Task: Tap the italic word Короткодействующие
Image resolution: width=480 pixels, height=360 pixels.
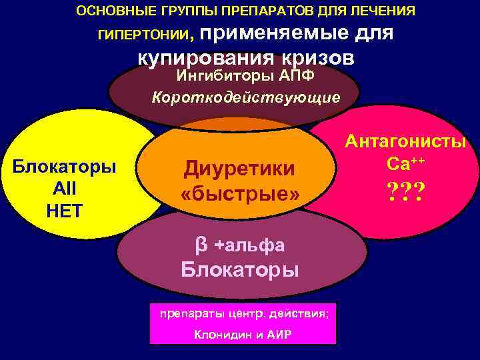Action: tap(246, 97)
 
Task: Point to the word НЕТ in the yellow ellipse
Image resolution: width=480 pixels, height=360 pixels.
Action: tap(64, 211)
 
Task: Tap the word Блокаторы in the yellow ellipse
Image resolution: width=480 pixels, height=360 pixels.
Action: tap(64, 167)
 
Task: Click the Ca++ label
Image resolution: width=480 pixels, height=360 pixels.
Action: tap(405, 162)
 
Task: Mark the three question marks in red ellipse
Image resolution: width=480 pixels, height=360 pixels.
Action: tap(405, 193)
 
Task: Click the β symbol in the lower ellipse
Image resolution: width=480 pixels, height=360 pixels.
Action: tap(200, 245)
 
